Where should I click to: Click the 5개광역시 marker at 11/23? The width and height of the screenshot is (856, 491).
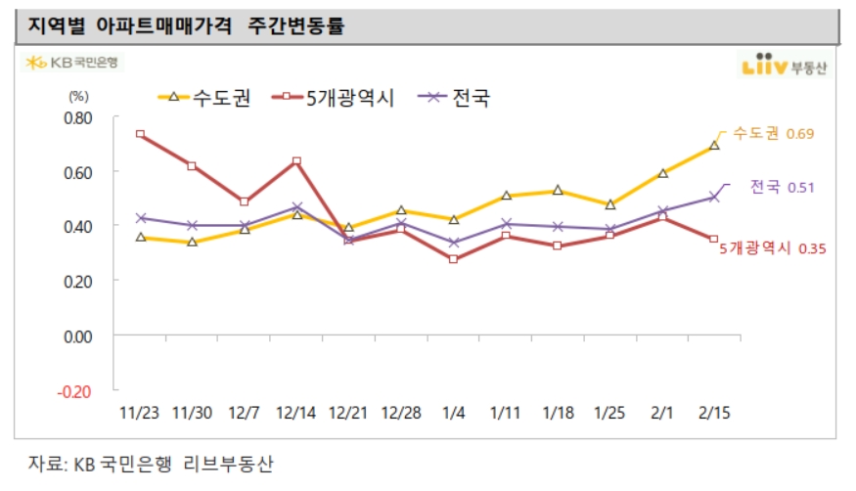coord(141,134)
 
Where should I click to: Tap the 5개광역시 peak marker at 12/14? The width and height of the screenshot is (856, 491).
coord(296,161)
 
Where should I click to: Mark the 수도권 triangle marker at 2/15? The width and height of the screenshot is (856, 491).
coord(714,146)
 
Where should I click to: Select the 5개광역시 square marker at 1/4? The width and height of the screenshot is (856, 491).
coord(453,259)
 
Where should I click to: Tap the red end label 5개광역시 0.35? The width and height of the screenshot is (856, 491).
coord(773,249)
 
